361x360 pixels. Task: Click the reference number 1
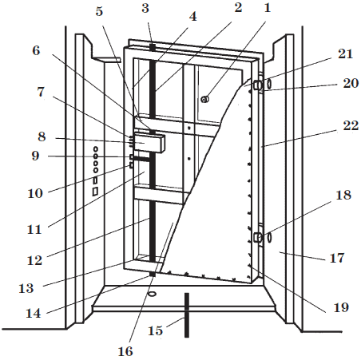[x=268, y=8]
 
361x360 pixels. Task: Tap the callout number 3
[x=145, y=9]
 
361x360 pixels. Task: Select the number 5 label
[x=99, y=12]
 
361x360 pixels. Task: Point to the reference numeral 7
[x=41, y=92]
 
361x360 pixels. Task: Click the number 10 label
[x=35, y=193]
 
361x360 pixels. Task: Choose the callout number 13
[x=26, y=288]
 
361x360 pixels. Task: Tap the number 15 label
[x=155, y=330]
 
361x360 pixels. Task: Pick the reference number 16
[x=125, y=351]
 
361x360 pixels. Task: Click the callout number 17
[x=337, y=258]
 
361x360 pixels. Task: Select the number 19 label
[x=341, y=307]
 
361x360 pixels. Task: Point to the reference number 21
[x=345, y=54]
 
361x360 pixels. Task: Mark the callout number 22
[x=351, y=125]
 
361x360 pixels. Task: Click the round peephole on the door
[x=204, y=100]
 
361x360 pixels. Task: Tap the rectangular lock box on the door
[x=149, y=142]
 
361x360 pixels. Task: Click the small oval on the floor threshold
[x=152, y=294]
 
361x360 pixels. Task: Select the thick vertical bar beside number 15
[x=187, y=315]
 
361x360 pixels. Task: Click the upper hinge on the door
[x=259, y=85]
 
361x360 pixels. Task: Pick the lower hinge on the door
[x=258, y=237]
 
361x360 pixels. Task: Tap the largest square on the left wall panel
[x=95, y=192]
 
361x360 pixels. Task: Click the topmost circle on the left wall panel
[x=96, y=149]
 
